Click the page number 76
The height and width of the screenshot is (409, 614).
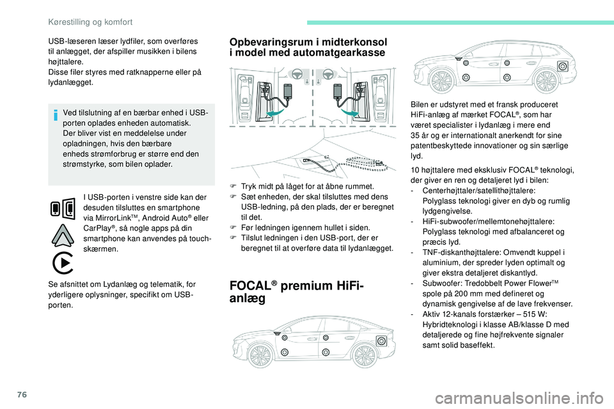click(22, 394)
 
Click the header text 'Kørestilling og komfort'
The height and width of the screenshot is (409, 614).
click(90, 22)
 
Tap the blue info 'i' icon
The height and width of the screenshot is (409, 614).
click(56, 115)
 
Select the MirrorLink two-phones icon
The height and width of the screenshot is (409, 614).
click(63, 208)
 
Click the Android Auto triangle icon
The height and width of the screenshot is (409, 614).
click(63, 235)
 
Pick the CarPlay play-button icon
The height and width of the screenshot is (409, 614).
click(63, 263)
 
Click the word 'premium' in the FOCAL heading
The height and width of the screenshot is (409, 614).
click(306, 285)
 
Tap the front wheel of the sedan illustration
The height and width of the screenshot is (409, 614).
click(260, 355)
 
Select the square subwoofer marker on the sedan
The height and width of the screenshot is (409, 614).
click(381, 341)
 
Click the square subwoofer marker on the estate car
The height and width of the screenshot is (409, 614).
click(563, 66)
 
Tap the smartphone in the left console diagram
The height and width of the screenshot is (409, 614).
click(288, 91)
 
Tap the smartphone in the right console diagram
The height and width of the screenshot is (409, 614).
click(338, 91)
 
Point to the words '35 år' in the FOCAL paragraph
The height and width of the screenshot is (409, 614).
click(420, 135)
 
